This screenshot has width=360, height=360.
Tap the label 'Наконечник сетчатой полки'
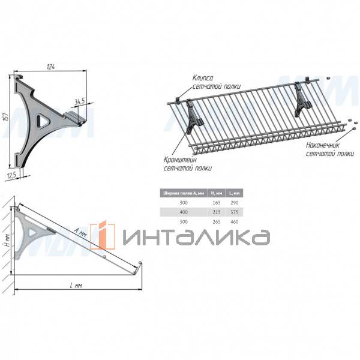(x=329, y=149)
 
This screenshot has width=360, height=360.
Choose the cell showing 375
(x=236, y=212)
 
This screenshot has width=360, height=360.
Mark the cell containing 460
(x=236, y=222)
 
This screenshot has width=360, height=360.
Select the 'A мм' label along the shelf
(x=80, y=232)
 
